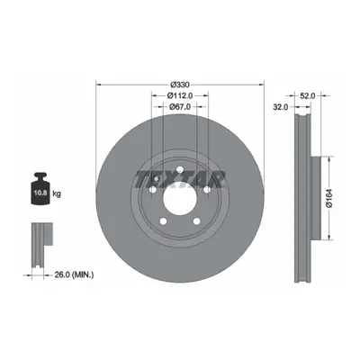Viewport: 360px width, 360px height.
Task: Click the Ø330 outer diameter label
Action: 180,85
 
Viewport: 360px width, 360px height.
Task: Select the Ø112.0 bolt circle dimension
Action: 180,95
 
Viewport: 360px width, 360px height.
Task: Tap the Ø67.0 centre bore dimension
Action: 180,106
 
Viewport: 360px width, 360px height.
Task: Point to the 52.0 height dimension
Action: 308,95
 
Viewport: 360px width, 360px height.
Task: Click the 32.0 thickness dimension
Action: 281,106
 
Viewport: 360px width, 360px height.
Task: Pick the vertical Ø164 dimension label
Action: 328,198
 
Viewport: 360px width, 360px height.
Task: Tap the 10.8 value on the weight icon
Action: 40,193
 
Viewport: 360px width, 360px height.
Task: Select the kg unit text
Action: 57,193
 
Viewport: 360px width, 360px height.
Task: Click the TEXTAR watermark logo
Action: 180,179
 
